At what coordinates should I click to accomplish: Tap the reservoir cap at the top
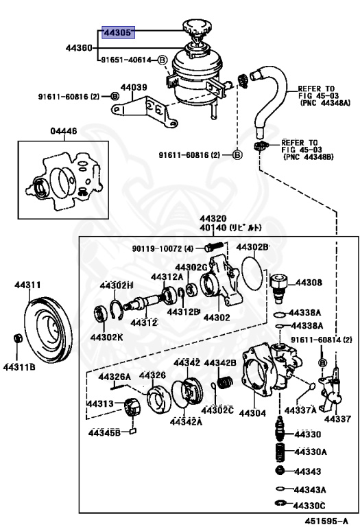[x=195, y=28]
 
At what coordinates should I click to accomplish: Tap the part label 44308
[x=308, y=282]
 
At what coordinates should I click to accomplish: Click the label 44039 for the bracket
[x=134, y=87]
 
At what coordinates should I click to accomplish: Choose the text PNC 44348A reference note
[x=324, y=103]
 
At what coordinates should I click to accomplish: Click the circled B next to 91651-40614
[x=163, y=60]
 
